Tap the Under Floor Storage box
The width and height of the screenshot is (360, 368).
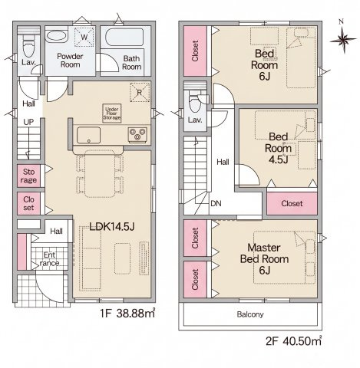coord(112,113)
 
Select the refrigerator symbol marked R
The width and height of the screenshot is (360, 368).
coord(140,92)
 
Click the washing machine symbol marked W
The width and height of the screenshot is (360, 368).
coord(84,37)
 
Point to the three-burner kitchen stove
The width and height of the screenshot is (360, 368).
coord(137,134)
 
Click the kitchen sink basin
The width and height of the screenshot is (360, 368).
coord(88,135)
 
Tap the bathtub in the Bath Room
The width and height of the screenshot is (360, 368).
coord(124,38)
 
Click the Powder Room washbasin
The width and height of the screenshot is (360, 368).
coord(56,36)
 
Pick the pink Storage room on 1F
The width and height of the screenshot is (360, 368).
coord(28,176)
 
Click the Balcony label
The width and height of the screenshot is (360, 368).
coord(250,314)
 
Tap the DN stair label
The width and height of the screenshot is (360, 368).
coord(216,203)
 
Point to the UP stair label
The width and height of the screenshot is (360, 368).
coord(28,122)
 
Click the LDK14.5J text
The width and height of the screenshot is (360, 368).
coord(112,226)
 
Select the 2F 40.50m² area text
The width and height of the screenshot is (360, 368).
coord(293,341)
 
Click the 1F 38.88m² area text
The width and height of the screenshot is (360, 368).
coord(127,313)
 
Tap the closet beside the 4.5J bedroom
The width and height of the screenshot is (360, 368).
coord(292,203)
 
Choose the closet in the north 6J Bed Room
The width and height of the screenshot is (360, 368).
coord(195,51)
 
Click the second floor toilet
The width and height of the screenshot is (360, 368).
coord(196,102)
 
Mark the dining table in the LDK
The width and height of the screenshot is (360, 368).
coord(100,174)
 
